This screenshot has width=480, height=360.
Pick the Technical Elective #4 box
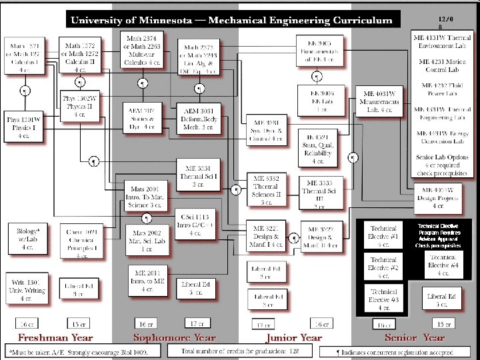coord(441,266)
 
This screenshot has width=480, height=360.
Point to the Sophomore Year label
coord(175,338)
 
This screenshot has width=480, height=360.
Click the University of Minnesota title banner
coord(232,20)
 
